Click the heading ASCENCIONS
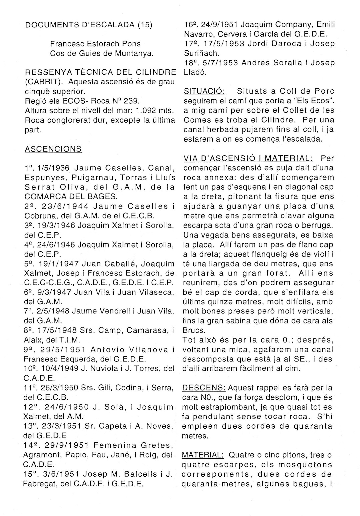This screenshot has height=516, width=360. coord(53,149)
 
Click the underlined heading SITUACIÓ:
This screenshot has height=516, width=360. coord(204,91)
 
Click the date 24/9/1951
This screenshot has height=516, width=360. coord(219,24)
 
